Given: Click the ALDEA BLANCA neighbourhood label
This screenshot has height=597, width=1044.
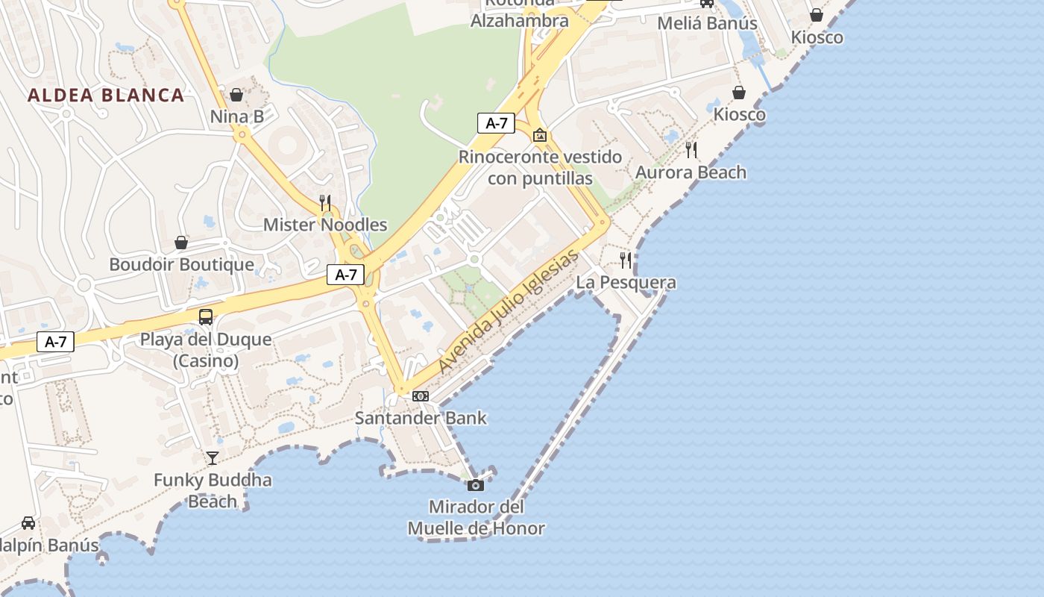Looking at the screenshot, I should pos(106,95).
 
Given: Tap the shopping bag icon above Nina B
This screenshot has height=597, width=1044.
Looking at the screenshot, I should pos(236,95).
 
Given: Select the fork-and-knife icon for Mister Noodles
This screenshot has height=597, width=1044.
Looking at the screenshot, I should pos(325,202).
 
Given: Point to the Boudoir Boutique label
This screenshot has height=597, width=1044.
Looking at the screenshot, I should pos(181,264).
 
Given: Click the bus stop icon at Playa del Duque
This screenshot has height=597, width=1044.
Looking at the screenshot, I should pos(206,317).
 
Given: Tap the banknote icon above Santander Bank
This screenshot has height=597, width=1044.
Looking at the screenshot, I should pos(421,396).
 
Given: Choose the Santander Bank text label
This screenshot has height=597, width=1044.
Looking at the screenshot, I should pos(421,418).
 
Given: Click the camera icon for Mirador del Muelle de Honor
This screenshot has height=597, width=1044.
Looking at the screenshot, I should pos(476,486).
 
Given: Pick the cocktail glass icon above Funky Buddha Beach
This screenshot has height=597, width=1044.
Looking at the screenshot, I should pos(213,457).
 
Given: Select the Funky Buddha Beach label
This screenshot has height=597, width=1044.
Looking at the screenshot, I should pos(213,490).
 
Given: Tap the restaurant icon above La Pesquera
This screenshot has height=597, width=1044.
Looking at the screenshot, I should pos(626,260).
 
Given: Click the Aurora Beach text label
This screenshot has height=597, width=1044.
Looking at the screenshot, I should pos(691,172).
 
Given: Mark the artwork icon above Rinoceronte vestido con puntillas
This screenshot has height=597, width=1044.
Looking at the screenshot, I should pos(540,135).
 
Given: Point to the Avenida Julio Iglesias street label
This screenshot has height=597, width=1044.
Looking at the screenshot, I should pos(509,311).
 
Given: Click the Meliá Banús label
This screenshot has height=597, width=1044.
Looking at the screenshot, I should pos(707,23).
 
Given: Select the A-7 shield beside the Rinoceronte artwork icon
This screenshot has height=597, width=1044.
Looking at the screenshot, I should pos(497,123).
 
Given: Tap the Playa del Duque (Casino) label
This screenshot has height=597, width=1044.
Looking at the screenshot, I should pos(206,350).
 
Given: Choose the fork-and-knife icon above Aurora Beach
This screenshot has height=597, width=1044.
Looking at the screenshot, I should pos(691,150).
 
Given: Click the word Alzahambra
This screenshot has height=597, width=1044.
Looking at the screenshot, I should pos(519,20).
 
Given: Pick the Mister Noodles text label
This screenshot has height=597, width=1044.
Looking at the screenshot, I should pos(325,225).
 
